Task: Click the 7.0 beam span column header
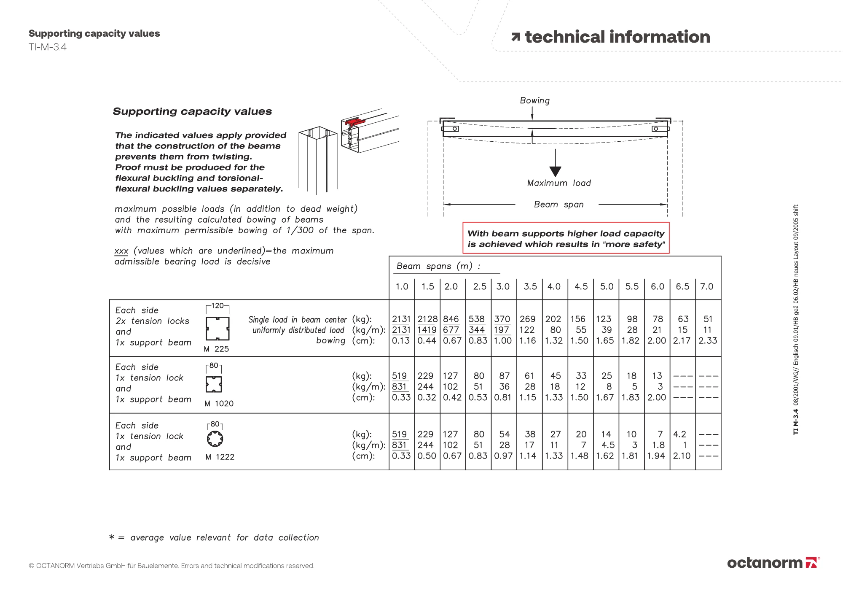tap(706, 287)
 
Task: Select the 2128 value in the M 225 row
tap(427, 319)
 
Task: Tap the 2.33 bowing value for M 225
tap(708, 341)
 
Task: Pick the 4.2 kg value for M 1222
tap(679, 434)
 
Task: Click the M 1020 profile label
tap(219, 404)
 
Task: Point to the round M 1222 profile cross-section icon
tap(215, 439)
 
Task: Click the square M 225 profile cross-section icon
tap(217, 329)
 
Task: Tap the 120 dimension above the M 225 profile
tap(217, 306)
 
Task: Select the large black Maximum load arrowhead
tap(556, 171)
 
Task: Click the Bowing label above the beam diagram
tap(534, 101)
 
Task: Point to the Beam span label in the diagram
tap(558, 205)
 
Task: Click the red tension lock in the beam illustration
tap(354, 122)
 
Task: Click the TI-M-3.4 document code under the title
tap(48, 47)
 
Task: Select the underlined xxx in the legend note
tap(121, 251)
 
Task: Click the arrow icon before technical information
tap(515, 38)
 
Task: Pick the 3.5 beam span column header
tap(530, 287)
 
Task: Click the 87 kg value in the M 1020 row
tap(504, 376)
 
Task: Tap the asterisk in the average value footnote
tap(112, 537)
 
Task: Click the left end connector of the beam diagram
tap(450, 129)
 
